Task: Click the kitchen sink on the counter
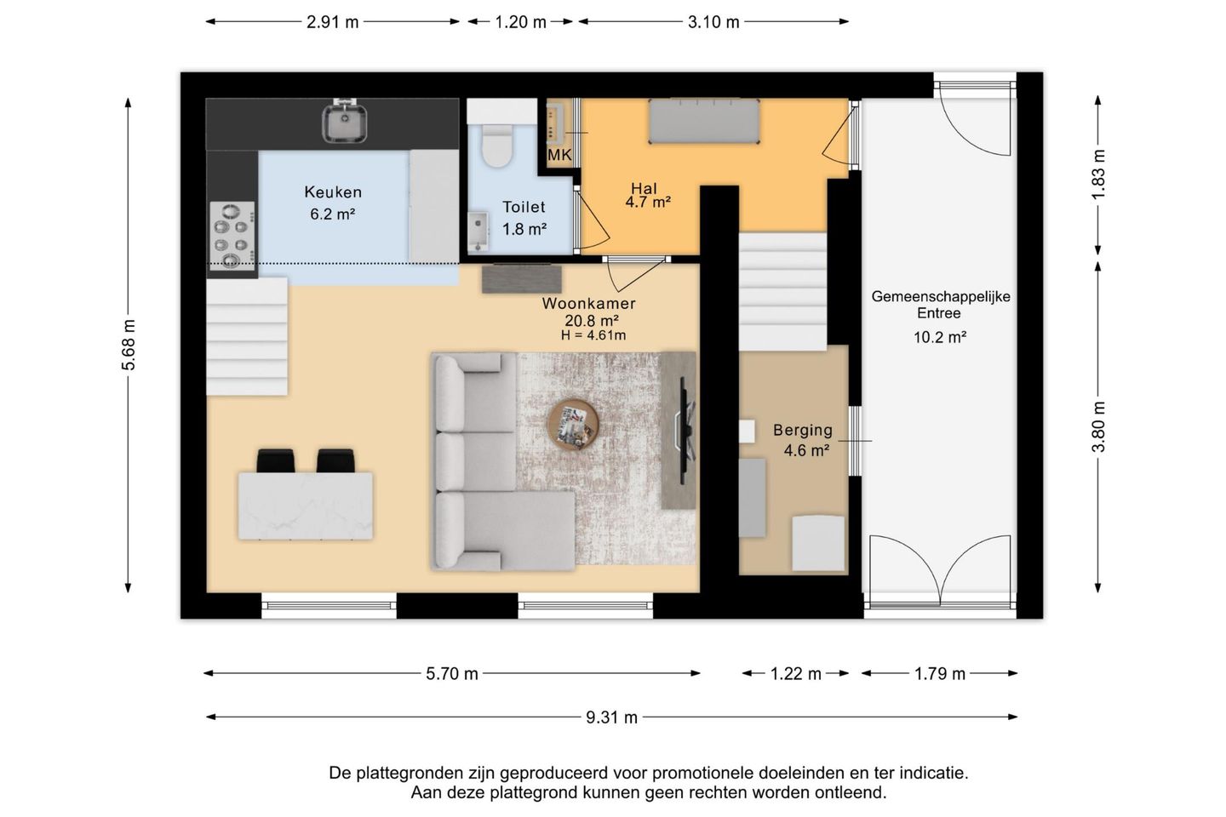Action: tap(344, 123)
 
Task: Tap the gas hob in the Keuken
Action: tap(232, 236)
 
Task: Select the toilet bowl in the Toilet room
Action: tap(497, 145)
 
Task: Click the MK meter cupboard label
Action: tap(559, 156)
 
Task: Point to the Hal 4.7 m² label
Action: tap(647, 196)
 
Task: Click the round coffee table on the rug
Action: tap(573, 424)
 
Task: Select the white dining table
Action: tap(306, 506)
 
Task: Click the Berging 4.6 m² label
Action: tap(804, 440)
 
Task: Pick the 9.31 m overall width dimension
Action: tap(611, 717)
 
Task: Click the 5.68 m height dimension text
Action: tap(129, 345)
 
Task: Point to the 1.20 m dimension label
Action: tap(520, 22)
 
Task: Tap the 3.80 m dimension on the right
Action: tap(1098, 427)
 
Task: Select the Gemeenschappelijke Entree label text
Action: tap(940, 305)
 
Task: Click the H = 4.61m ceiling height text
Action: tap(593, 335)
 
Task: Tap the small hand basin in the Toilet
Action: tap(478, 231)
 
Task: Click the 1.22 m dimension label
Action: tap(795, 674)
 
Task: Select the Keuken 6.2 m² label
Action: tap(333, 203)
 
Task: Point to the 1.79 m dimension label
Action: tap(939, 674)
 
